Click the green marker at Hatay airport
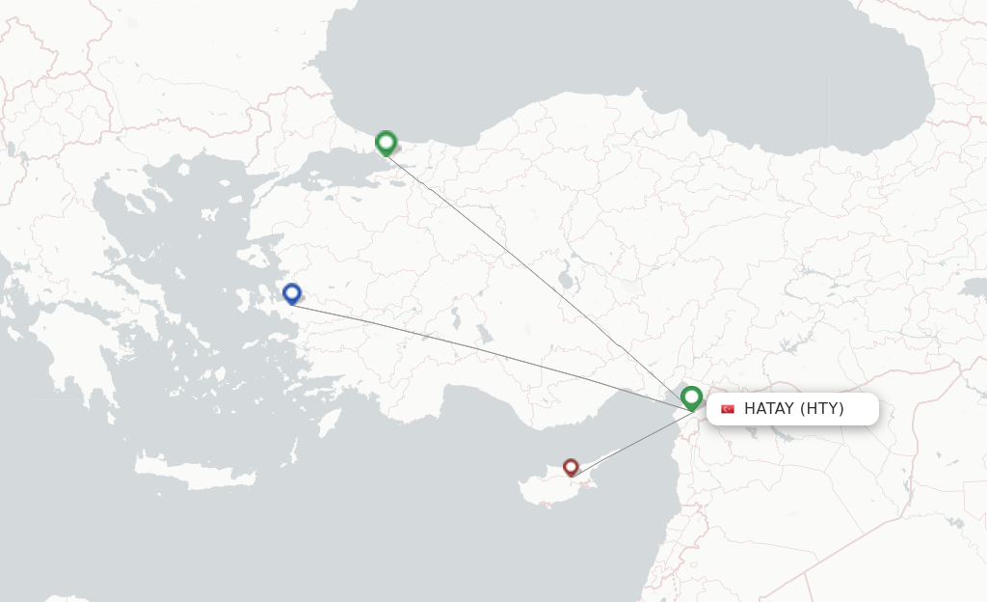[x=691, y=397]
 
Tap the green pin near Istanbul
[x=386, y=143]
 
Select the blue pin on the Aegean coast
[x=292, y=293]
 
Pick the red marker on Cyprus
[x=571, y=467]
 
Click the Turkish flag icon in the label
[x=728, y=409]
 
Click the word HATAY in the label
[x=768, y=409]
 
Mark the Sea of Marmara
[x=328, y=174]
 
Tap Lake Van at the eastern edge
[x=974, y=288]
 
